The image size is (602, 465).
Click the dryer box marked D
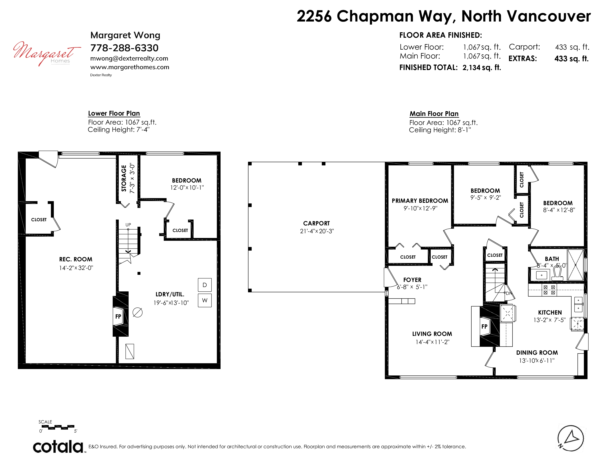(x=204, y=285)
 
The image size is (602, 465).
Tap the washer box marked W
(x=204, y=300)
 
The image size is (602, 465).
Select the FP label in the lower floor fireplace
(x=118, y=317)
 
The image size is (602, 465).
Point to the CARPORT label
(x=317, y=223)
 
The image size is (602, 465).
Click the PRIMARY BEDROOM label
(x=420, y=201)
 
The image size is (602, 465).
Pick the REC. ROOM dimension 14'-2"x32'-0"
(x=76, y=268)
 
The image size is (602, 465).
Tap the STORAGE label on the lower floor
(x=124, y=178)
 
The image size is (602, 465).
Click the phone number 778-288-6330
(x=124, y=48)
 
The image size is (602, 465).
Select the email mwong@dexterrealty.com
(x=129, y=58)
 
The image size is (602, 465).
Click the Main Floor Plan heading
(x=434, y=114)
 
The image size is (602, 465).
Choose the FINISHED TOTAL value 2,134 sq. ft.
(x=482, y=67)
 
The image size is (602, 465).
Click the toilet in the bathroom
(x=557, y=274)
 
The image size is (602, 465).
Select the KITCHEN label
(x=550, y=312)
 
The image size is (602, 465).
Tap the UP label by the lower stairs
(x=128, y=225)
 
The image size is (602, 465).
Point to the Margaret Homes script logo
(x=47, y=53)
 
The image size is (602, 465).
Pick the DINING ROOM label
(x=537, y=353)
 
